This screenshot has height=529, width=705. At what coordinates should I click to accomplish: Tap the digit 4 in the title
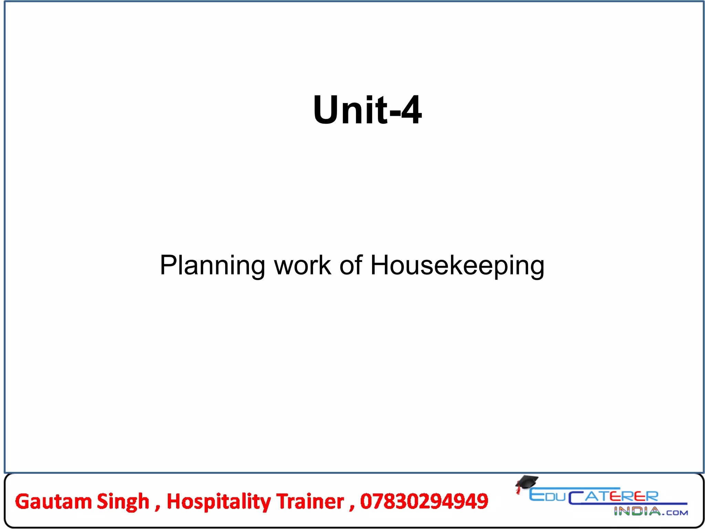coord(411,110)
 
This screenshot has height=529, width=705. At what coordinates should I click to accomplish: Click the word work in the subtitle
coord(302,265)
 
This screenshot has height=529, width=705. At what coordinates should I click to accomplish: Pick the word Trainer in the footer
coord(310,501)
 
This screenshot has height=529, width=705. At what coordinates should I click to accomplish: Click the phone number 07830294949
coord(424,501)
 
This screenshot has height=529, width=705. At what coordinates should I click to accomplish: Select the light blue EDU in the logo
coord(547,496)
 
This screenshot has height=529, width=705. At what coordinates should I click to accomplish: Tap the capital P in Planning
coord(168,265)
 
